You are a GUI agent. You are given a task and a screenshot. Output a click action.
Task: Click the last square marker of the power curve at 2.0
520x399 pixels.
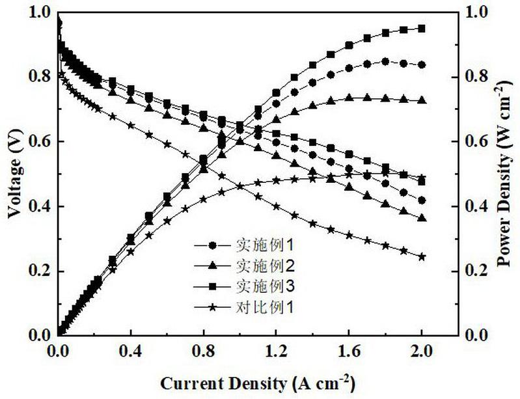(422, 29)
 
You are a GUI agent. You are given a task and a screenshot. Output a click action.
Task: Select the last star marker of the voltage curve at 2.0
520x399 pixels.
(422, 256)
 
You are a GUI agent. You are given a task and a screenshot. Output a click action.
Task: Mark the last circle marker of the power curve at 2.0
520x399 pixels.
(422, 64)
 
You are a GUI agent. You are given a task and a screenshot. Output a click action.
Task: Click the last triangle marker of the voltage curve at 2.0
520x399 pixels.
(422, 218)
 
